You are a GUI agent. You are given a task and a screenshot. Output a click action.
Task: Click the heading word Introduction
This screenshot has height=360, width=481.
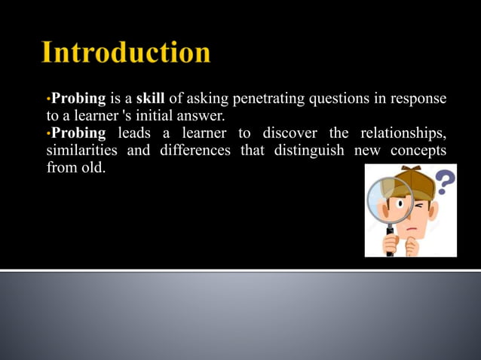pos(126,53)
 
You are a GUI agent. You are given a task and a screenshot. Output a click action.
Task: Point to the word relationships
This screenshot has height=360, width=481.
pos(403,133)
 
